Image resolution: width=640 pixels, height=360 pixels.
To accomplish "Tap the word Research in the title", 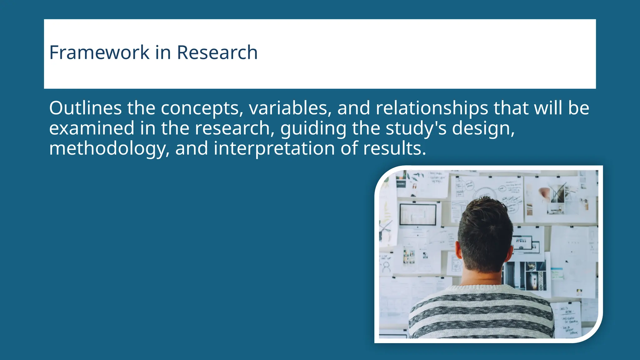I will pos(217,52).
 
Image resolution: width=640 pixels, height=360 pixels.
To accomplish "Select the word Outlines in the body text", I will pos(85,108).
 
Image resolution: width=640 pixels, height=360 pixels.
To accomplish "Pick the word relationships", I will pos(432,108).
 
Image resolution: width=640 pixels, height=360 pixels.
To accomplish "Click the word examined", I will pos(92,128).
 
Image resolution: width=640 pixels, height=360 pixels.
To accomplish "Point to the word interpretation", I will pos(274,149).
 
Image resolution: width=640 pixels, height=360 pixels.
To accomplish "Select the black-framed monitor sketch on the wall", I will pos(418,214).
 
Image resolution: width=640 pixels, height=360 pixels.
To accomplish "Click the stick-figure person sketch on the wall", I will pos(387,265).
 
